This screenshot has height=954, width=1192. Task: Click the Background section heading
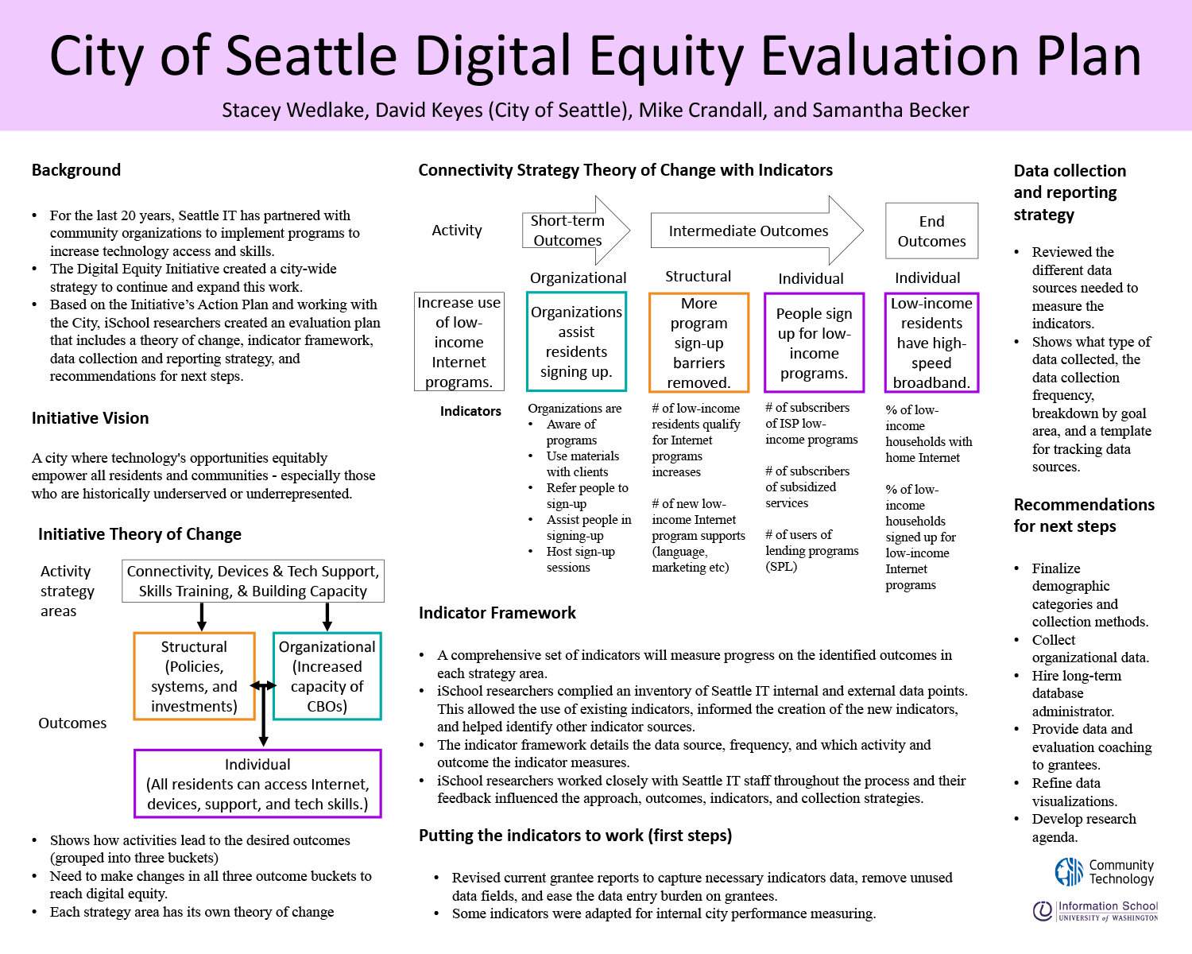click(x=75, y=170)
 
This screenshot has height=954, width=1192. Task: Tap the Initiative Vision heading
click(x=91, y=418)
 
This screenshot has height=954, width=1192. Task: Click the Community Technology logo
click(x=1105, y=872)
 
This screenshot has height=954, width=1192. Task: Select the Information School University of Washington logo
click(x=1095, y=911)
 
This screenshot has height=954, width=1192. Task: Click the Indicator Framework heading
click(x=497, y=613)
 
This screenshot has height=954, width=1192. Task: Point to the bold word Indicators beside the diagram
click(x=470, y=411)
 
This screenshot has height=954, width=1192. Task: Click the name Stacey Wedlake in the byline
click(x=293, y=111)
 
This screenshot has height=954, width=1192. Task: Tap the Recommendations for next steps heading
click(x=1084, y=515)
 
